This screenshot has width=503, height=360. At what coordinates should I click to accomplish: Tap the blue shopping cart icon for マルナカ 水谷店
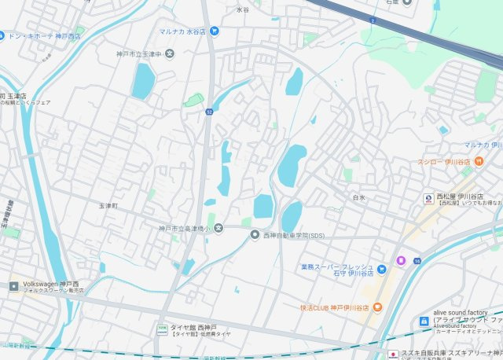(215, 31)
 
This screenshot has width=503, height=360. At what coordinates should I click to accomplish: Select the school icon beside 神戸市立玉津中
(170, 53)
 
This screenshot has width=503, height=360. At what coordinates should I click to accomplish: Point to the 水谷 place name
(242, 9)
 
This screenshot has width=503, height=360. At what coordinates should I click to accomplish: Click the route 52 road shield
(210, 112)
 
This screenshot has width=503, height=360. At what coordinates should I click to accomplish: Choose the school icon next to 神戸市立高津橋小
(219, 228)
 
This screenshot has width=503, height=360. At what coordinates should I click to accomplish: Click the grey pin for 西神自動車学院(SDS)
(255, 234)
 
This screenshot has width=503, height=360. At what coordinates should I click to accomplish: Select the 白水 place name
(359, 197)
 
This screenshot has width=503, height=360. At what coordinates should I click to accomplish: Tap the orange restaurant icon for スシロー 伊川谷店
(479, 161)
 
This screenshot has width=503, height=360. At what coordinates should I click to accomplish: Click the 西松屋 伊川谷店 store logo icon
(428, 197)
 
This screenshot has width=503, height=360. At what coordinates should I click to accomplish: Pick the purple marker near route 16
(400, 260)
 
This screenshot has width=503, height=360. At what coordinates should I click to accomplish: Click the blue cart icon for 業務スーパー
(384, 270)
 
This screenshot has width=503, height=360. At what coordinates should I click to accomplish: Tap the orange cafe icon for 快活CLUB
(377, 307)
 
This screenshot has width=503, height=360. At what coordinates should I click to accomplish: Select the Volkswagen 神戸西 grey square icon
(14, 286)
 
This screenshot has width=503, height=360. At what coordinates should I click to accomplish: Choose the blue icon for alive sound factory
(424, 321)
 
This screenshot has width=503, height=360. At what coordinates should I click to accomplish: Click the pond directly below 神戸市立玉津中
(143, 81)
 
